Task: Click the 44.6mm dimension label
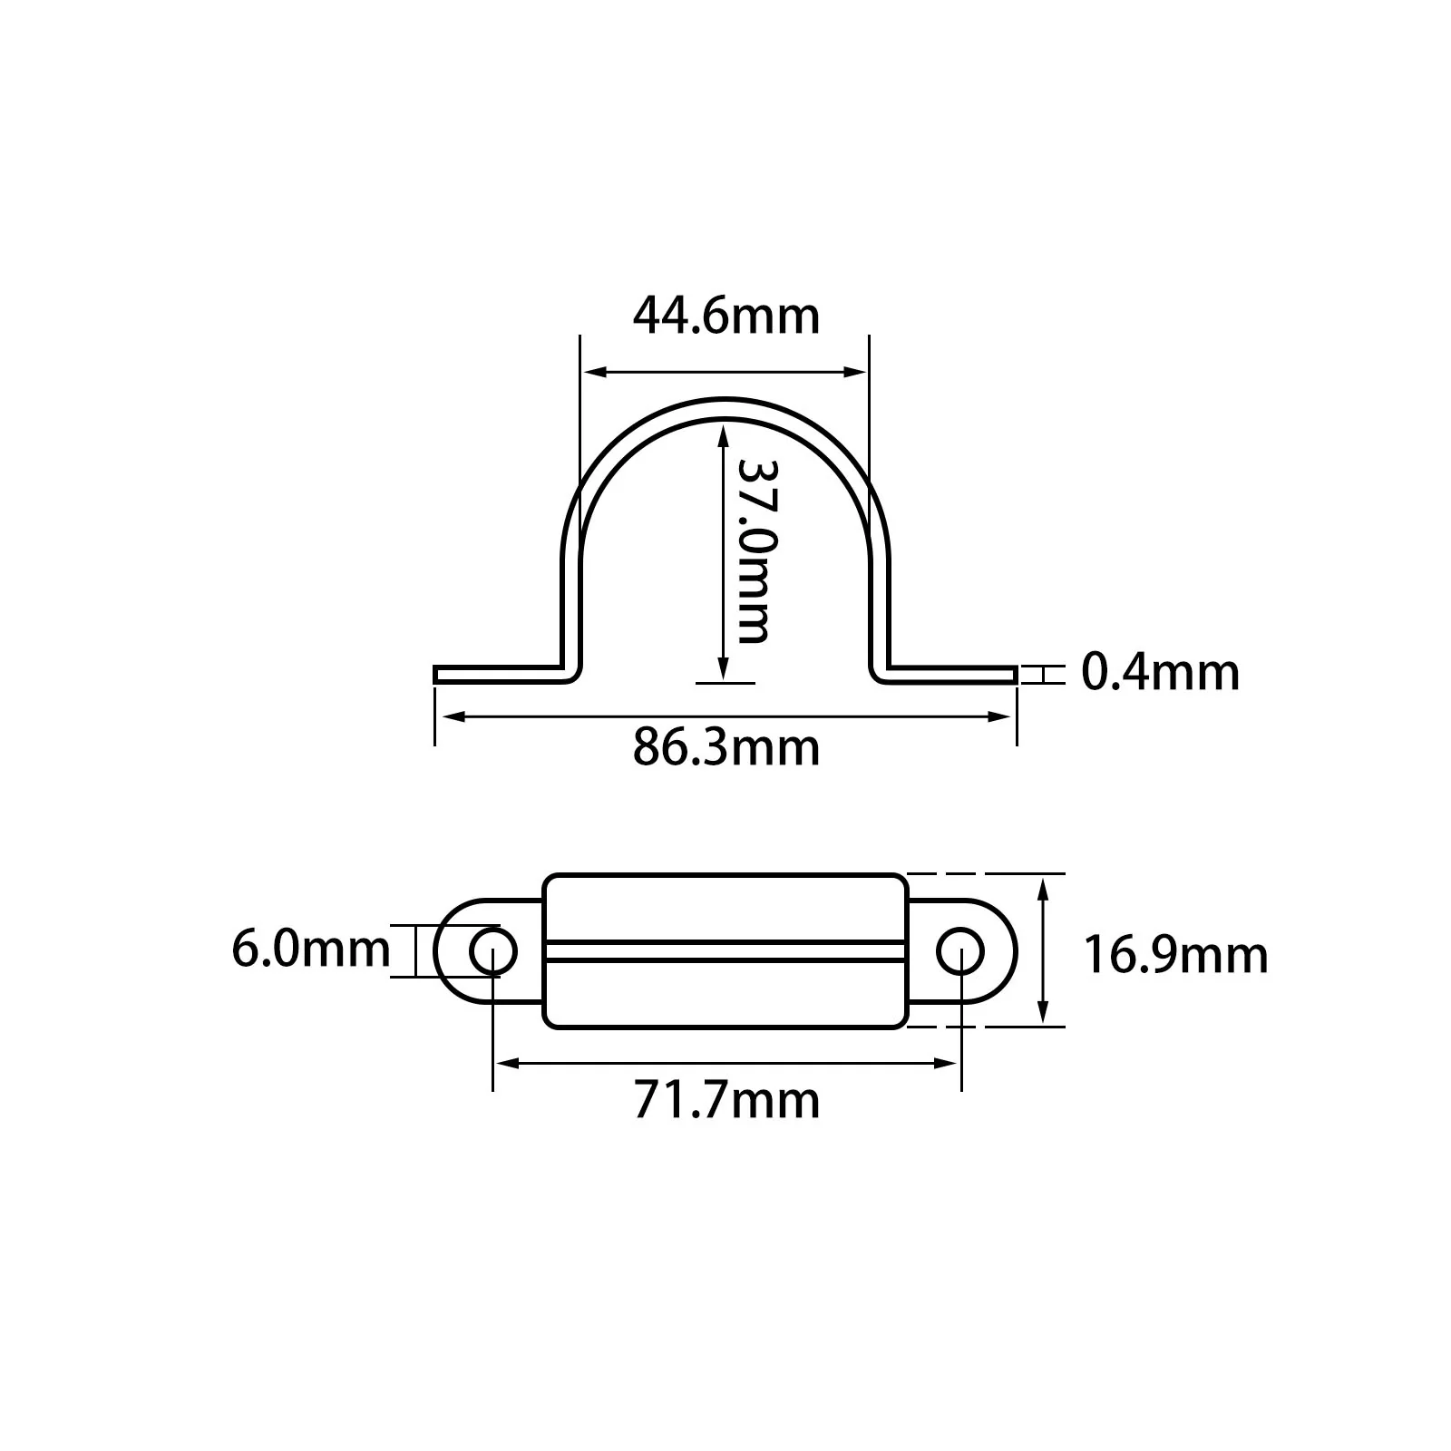tap(726, 316)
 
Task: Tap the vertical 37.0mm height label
tap(753, 550)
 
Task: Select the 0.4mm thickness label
tap(1161, 673)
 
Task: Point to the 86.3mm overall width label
tap(726, 747)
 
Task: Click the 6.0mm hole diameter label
tap(311, 949)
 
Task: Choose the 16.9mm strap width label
tap(1176, 955)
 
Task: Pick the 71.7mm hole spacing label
tap(726, 1100)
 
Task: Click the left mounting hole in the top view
tap(492, 951)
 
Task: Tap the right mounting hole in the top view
tap(960, 951)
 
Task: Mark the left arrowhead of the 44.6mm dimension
tap(595, 371)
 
